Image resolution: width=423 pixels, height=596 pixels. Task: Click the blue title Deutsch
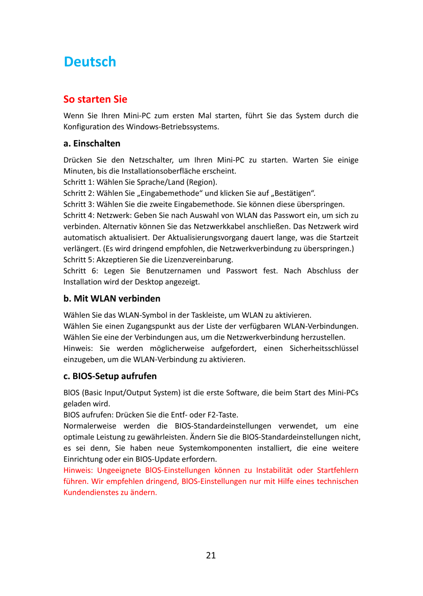pyautogui.click(x=90, y=62)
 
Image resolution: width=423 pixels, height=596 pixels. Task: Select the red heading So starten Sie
pyautogui.click(x=95, y=99)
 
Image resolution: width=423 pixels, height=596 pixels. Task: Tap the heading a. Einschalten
pyautogui.click(x=92, y=143)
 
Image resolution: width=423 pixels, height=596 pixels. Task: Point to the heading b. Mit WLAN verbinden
pyautogui.click(x=112, y=298)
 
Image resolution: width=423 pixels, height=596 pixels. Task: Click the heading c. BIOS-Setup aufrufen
pyautogui.click(x=110, y=377)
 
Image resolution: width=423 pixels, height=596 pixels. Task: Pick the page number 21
pyautogui.click(x=211, y=555)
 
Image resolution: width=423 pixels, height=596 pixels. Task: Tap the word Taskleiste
pyautogui.click(x=207, y=315)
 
